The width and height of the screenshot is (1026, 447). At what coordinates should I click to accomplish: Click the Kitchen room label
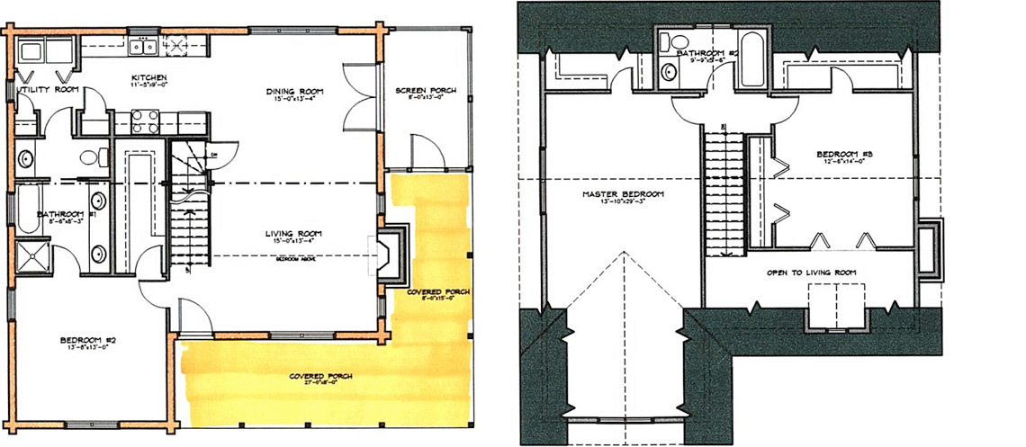[x=146, y=77]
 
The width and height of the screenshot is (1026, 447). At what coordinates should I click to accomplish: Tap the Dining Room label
[x=294, y=91]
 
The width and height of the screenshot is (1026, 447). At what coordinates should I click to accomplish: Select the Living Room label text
[x=293, y=236]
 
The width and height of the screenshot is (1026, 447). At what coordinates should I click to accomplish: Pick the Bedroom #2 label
[x=85, y=340]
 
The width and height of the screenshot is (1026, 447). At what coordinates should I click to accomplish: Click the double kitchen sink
[x=144, y=47]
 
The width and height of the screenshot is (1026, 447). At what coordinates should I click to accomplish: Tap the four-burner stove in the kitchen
[x=145, y=121]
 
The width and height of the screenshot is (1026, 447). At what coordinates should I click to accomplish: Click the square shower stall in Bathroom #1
[x=33, y=257]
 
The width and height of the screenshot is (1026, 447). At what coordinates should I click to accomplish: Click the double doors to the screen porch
[x=356, y=93]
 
